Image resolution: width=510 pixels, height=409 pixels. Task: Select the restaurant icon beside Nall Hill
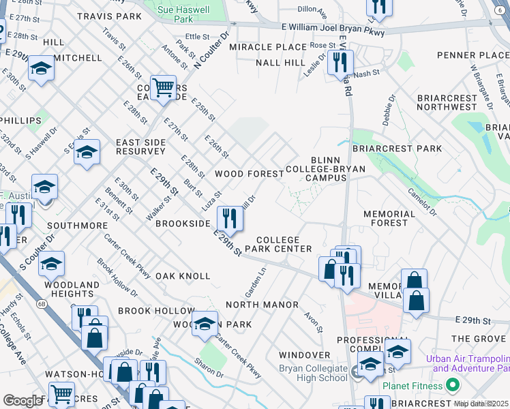click(x=339, y=63)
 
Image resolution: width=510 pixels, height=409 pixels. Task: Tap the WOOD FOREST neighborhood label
click(x=249, y=174)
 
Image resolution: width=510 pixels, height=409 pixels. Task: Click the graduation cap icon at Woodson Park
click(x=204, y=325)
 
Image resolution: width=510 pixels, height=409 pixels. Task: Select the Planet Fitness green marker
click(x=452, y=386)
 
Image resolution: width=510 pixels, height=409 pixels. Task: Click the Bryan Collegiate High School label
click(x=313, y=373)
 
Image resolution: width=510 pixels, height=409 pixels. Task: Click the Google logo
click(x=22, y=401)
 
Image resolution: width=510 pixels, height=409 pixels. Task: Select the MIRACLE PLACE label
click(x=267, y=47)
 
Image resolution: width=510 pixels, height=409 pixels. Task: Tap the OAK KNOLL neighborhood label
click(x=183, y=276)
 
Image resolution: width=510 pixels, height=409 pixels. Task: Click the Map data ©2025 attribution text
click(x=481, y=404)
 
